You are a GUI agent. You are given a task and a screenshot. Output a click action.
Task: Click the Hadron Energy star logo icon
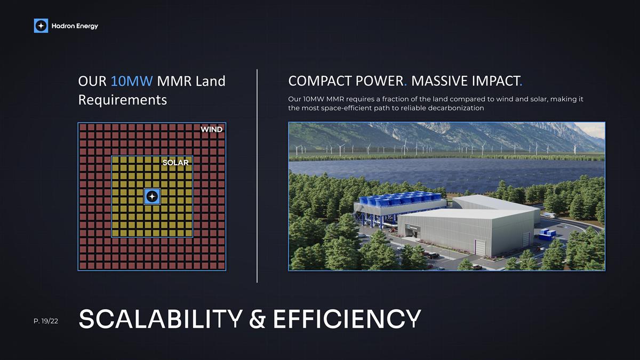pyautogui.click(x=41, y=26)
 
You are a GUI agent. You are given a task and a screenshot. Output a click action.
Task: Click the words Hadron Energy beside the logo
pyautogui.click(x=75, y=26)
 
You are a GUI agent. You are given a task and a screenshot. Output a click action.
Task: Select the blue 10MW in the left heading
pyautogui.click(x=132, y=82)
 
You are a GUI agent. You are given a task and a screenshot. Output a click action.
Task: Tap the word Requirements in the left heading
pyautogui.click(x=122, y=100)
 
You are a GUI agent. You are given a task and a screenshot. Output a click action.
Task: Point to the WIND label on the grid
pyautogui.click(x=211, y=130)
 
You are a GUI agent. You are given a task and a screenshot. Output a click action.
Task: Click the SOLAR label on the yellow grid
pyautogui.click(x=175, y=163)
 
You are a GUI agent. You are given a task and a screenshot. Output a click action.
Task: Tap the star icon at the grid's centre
pyautogui.click(x=152, y=197)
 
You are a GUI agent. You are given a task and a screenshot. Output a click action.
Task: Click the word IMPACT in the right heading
pyautogui.click(x=493, y=82)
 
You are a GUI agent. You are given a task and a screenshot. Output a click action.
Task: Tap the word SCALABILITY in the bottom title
pyautogui.click(x=160, y=318)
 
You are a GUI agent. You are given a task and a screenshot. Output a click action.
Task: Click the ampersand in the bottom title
pyautogui.click(x=258, y=318)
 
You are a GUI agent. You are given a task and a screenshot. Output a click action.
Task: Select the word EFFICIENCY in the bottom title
pyautogui.click(x=347, y=318)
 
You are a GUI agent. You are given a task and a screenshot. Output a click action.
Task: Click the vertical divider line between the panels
pyautogui.click(x=257, y=176)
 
